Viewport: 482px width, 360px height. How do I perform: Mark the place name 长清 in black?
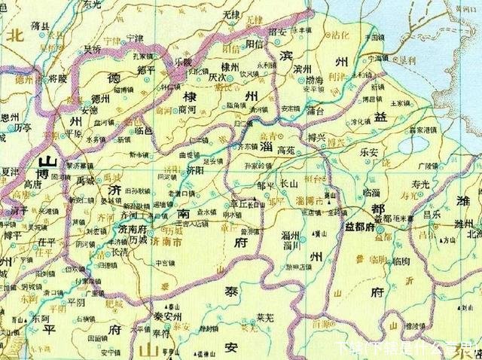(x=120, y=253)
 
